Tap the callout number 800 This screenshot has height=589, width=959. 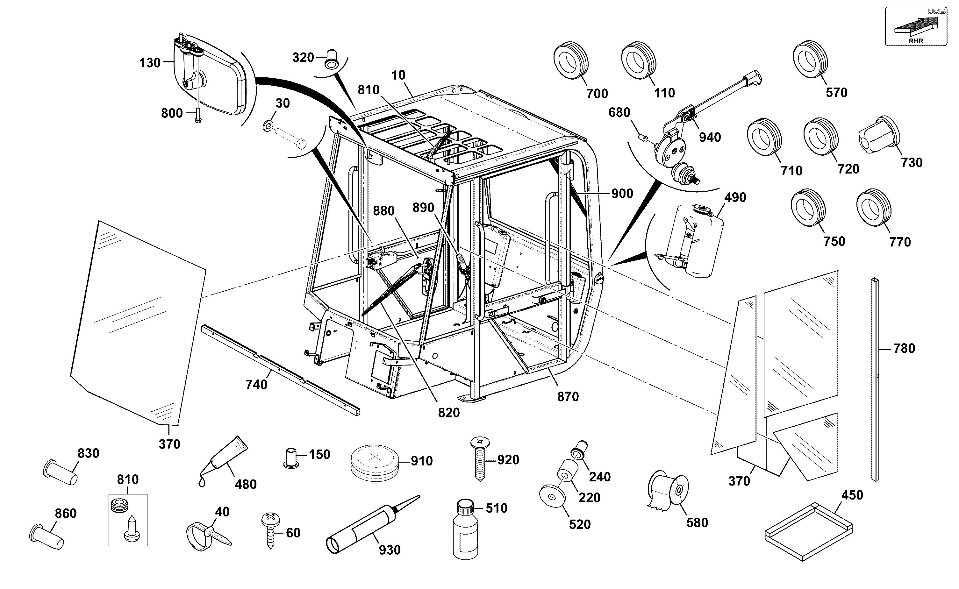click(172, 113)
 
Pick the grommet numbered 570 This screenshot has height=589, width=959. click(811, 59)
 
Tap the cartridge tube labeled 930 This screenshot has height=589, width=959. click(372, 524)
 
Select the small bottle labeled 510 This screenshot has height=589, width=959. click(466, 530)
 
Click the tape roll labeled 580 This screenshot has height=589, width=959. click(668, 491)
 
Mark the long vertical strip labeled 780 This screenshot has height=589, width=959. click(875, 380)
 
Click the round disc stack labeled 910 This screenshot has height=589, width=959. click(375, 463)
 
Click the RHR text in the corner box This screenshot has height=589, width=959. click(916, 41)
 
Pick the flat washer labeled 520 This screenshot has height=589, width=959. click(553, 497)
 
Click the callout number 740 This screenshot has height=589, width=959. click(256, 385)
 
